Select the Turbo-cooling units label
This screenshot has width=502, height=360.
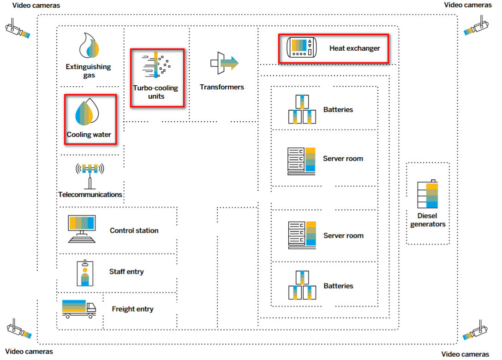point(155,92)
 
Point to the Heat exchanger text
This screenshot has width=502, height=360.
point(354,48)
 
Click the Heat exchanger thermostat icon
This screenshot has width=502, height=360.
point(303,47)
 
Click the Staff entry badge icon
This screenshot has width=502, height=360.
point(85,273)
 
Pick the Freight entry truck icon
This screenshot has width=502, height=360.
point(79,308)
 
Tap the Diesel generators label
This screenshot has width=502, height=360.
point(428,220)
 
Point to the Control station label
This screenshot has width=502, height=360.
point(134,230)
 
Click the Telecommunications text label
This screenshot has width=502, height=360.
point(90,195)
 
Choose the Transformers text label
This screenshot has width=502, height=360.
point(221,87)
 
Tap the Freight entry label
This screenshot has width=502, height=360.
point(132,309)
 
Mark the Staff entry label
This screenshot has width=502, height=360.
point(126,271)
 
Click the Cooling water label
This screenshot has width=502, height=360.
point(89,135)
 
